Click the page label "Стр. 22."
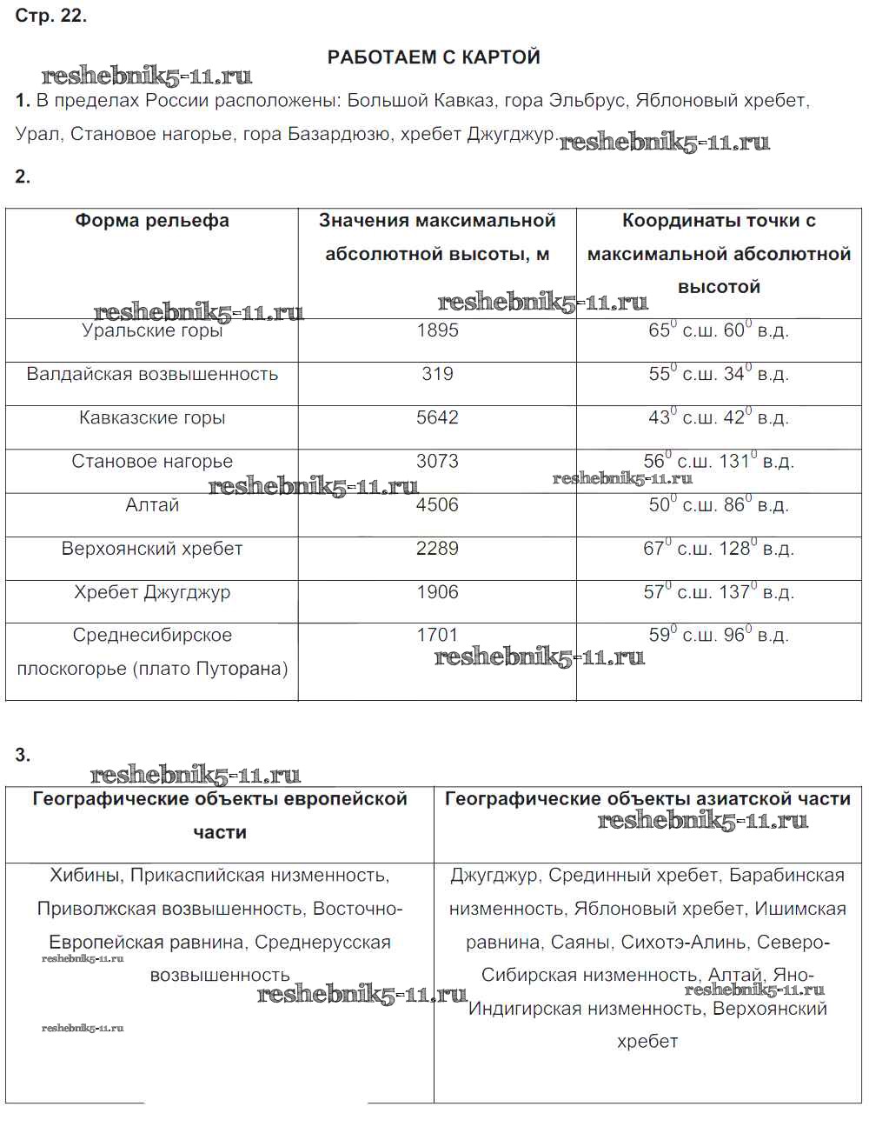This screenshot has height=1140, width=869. (x=51, y=16)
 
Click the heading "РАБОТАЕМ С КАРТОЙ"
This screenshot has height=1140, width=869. (x=434, y=57)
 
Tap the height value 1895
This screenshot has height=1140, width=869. (x=437, y=330)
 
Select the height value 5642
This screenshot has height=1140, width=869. (x=437, y=417)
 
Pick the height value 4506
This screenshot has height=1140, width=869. (x=437, y=505)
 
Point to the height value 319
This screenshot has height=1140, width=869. (x=437, y=374)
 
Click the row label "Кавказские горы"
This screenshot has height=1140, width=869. (x=152, y=418)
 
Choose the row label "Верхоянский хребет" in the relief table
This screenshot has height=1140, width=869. (x=152, y=549)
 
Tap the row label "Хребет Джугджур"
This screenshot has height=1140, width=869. (x=152, y=593)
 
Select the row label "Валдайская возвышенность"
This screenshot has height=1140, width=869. (x=152, y=375)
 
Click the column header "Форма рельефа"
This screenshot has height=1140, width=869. (x=152, y=221)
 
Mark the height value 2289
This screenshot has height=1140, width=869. (x=437, y=549)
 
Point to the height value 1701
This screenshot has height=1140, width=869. (x=437, y=636)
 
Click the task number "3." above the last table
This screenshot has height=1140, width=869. (x=23, y=756)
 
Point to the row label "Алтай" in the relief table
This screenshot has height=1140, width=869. (x=152, y=505)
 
